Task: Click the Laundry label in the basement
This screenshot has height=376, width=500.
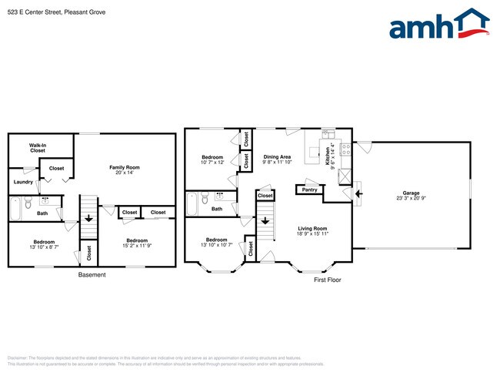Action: click(22, 182)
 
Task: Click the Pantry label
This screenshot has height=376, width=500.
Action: click(309, 190)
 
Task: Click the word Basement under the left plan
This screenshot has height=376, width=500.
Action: click(92, 275)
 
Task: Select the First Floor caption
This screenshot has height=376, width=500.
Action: click(327, 280)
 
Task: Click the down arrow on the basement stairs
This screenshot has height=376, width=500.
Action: click(88, 218)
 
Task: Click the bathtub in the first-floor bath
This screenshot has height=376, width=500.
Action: click(192, 203)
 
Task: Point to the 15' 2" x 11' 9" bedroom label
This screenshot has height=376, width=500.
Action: click(137, 243)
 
